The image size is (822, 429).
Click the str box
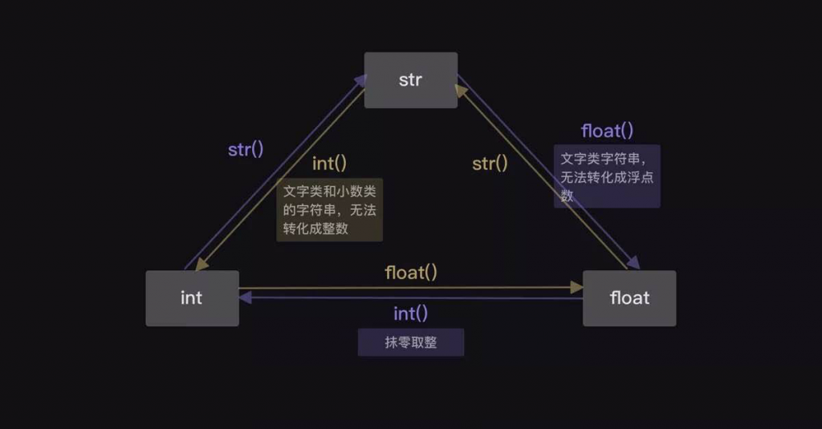410,80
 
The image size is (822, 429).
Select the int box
192,298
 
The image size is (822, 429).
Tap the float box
629,298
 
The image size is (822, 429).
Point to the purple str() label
246,149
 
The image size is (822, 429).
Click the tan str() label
490,164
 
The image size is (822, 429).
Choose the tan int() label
329,164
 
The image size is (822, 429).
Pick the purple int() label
410,314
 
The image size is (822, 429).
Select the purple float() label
607,131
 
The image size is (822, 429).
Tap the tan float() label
411,273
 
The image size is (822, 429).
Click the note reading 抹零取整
410,343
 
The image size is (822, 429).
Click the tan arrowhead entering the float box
576,287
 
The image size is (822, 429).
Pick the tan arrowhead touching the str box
461,90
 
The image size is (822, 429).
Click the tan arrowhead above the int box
201,264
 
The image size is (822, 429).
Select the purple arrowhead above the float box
633,264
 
